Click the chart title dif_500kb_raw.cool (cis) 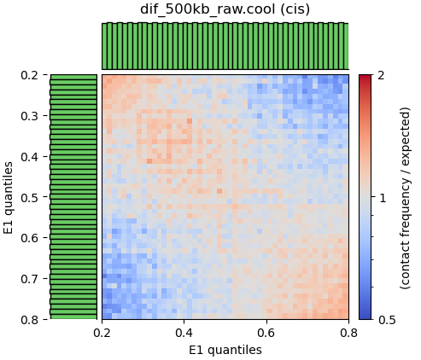225,9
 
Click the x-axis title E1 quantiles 225,350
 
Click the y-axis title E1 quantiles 9,197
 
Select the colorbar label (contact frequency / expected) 405,197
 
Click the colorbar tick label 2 381,75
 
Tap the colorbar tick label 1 381,197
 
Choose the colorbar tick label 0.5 385,319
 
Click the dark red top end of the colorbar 365,78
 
